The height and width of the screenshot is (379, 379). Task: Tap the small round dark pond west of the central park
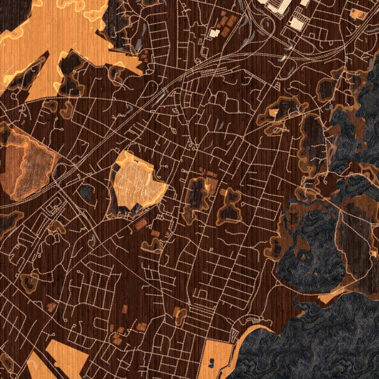click(x=86, y=191)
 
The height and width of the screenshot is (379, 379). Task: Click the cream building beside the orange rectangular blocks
click(x=214, y=33)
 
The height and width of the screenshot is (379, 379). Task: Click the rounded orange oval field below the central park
click(x=141, y=224)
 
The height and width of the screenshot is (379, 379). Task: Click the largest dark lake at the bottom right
click(x=322, y=341)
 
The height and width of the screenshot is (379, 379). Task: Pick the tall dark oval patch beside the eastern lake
click(x=315, y=140)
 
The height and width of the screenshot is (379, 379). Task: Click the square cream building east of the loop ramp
click(x=298, y=25)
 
